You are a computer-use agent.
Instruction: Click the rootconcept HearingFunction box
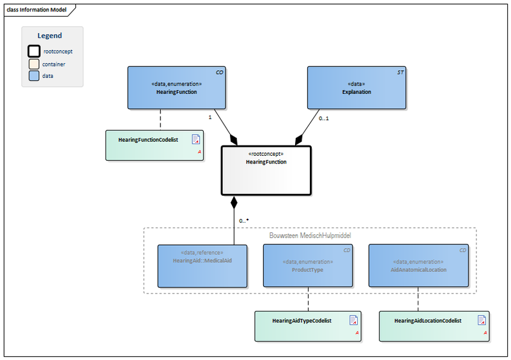(x=266, y=170)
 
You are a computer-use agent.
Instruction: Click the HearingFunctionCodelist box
(x=154, y=145)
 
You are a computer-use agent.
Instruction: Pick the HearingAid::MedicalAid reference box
(x=202, y=266)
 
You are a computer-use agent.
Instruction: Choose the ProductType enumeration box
(x=308, y=266)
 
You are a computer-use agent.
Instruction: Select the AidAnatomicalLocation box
(x=418, y=266)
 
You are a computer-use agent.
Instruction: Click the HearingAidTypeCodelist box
(x=307, y=326)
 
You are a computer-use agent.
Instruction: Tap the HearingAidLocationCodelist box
(x=434, y=326)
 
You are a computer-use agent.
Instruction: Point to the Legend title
(x=50, y=36)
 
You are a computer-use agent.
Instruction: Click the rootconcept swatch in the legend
(x=34, y=51)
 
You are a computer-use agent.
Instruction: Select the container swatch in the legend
(x=34, y=64)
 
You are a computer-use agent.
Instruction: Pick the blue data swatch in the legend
(x=34, y=76)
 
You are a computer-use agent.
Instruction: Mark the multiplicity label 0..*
(x=243, y=220)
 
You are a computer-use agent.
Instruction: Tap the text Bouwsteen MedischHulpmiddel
(x=310, y=236)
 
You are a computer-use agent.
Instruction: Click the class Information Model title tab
(x=36, y=10)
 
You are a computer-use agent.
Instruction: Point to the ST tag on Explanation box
(x=400, y=73)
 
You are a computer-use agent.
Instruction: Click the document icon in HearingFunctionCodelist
(x=196, y=140)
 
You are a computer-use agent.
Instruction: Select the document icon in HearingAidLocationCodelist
(x=481, y=320)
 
